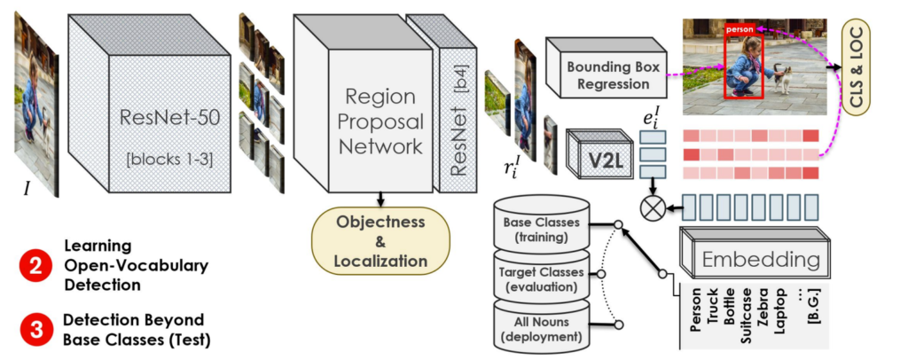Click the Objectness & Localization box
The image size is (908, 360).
point(380,239)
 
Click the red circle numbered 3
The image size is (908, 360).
point(32,329)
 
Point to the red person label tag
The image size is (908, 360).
point(740,29)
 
